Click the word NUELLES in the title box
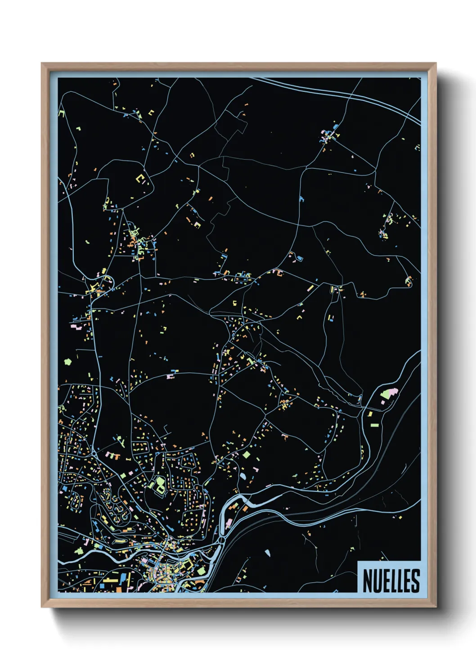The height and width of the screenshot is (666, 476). pos(391,580)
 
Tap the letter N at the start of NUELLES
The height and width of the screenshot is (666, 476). pos(367,580)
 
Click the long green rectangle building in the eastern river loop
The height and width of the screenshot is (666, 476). pos(374,424)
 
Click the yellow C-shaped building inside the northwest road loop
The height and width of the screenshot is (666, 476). pos(141,179)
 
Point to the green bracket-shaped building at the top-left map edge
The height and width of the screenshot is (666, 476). pos(62,113)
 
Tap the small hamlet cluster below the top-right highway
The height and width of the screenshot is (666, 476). pos(329,133)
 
